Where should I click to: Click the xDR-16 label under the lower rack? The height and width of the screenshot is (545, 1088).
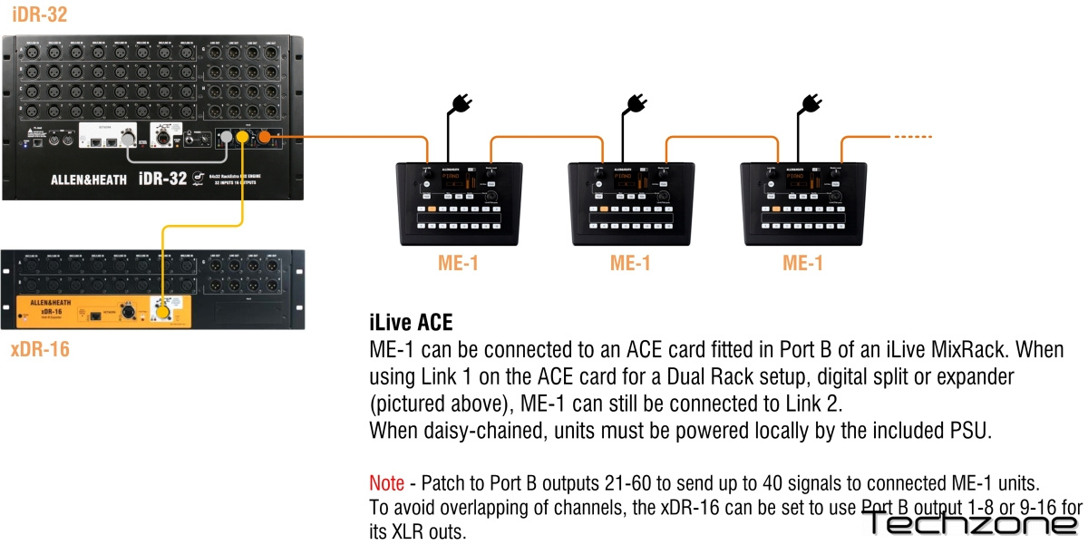click(40, 348)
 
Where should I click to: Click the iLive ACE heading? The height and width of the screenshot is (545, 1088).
click(410, 322)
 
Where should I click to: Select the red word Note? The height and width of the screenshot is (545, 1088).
click(386, 482)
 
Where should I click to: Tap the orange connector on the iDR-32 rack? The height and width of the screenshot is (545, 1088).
click(266, 137)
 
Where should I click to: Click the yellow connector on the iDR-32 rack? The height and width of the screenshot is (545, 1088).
click(242, 138)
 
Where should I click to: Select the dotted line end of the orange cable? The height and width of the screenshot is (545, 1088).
click(914, 137)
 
